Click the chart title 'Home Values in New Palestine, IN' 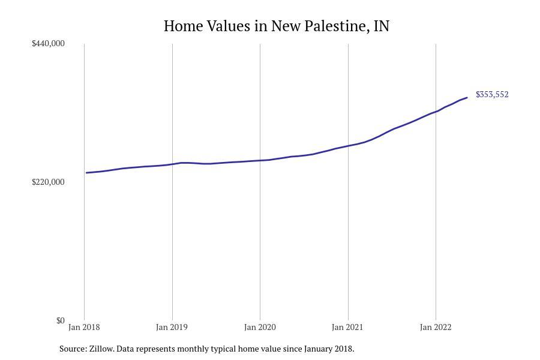click(276, 26)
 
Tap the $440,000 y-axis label click(48, 43)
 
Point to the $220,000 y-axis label click(48, 182)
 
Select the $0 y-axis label click(60, 320)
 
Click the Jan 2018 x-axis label click(84, 327)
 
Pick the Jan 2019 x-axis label click(172, 327)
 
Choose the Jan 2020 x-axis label click(260, 327)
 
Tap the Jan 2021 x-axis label click(347, 327)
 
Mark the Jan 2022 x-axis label click(436, 327)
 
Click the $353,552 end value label click(492, 95)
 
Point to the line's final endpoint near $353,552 click(467, 98)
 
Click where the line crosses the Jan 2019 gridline click(172, 164)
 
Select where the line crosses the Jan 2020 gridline click(260, 160)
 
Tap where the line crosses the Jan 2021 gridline click(348, 146)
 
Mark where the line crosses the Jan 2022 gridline click(436, 112)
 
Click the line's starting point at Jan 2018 click(86, 173)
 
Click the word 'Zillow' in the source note click(101, 349)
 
